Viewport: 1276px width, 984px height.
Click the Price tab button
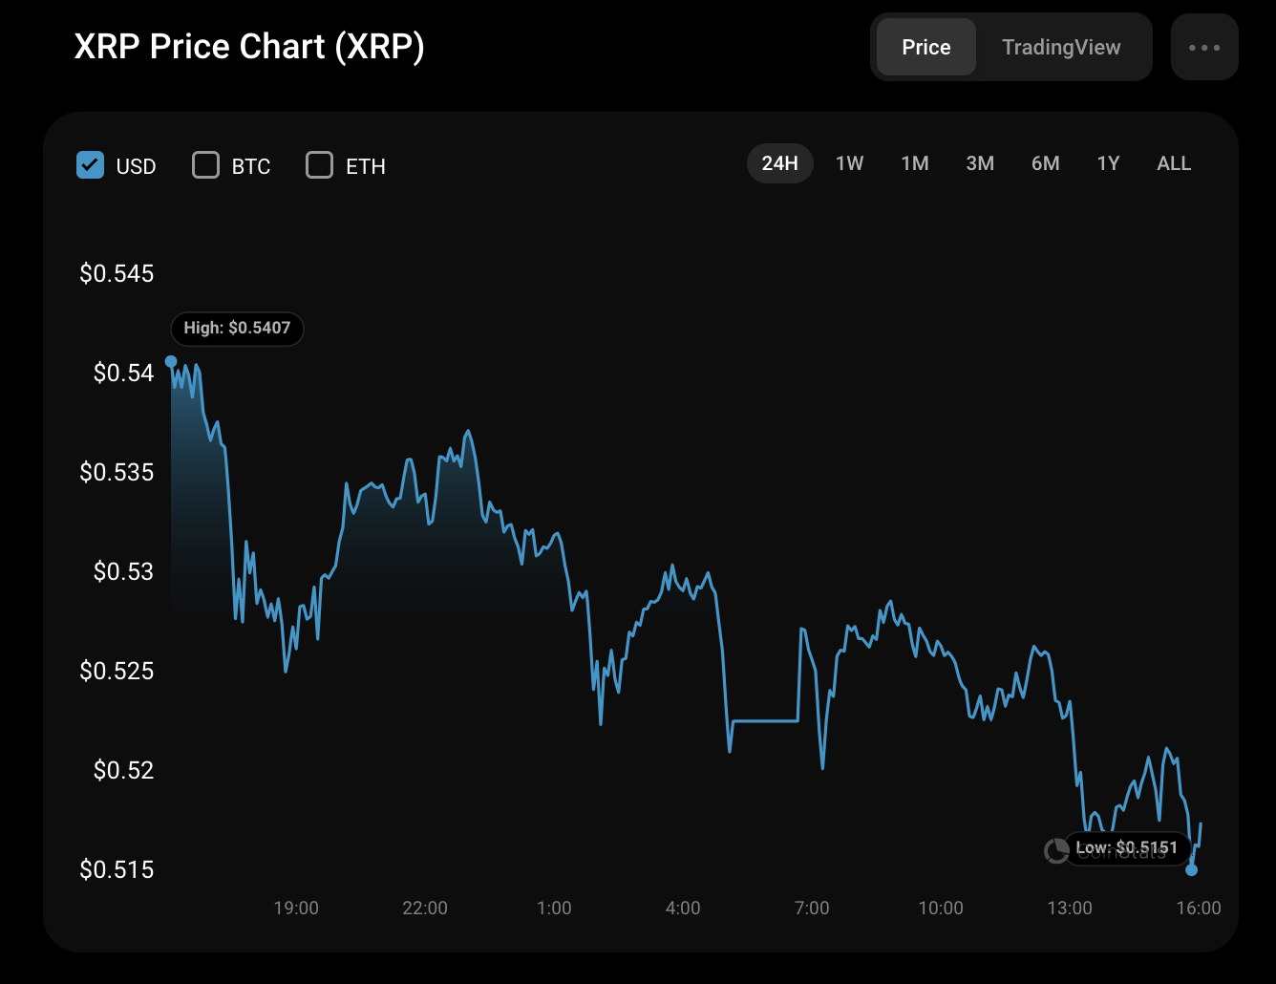point(925,47)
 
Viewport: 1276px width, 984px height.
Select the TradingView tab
point(1061,47)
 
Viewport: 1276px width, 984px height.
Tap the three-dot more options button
point(1204,47)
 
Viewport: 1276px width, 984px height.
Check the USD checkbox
point(90,165)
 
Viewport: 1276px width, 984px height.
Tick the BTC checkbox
point(205,165)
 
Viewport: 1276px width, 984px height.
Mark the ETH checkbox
point(319,165)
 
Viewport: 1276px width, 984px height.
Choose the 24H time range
point(779,163)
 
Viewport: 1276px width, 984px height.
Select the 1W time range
point(849,163)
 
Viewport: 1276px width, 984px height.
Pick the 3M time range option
point(980,163)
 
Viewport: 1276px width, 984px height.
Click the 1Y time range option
point(1108,163)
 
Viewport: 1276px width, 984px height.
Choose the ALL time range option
point(1174,163)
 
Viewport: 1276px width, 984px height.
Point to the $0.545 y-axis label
point(117,274)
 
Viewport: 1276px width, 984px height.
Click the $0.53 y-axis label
point(123,571)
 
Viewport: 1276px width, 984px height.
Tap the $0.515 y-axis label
point(117,869)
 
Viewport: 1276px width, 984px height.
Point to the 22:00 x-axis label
point(425,908)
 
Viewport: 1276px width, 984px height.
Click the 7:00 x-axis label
point(812,908)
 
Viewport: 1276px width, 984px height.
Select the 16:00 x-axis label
point(1198,908)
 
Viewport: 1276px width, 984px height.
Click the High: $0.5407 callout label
point(237,328)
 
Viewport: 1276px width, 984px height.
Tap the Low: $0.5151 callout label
point(1127,847)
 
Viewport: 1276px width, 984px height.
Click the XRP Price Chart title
point(249,47)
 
